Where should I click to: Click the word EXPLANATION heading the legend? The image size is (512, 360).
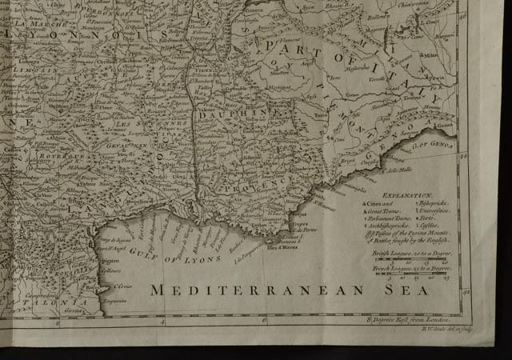(407, 194)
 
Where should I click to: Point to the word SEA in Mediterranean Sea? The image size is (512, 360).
(406, 290)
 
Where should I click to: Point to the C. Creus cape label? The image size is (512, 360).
(122, 286)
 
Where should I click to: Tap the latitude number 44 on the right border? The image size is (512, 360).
(464, 158)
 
